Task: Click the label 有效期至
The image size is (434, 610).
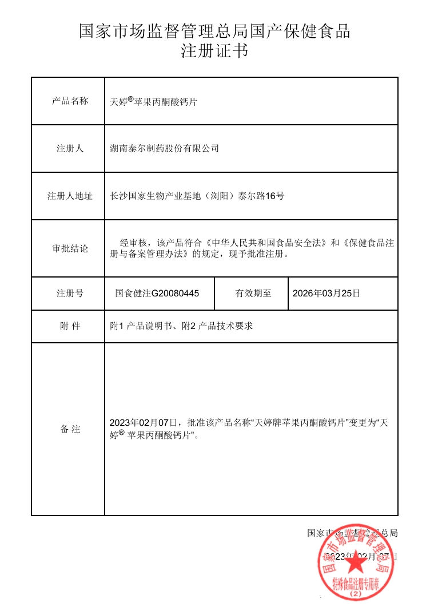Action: point(253,294)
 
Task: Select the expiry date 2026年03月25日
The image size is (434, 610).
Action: point(327,294)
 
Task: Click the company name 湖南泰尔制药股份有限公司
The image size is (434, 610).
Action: point(164,148)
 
